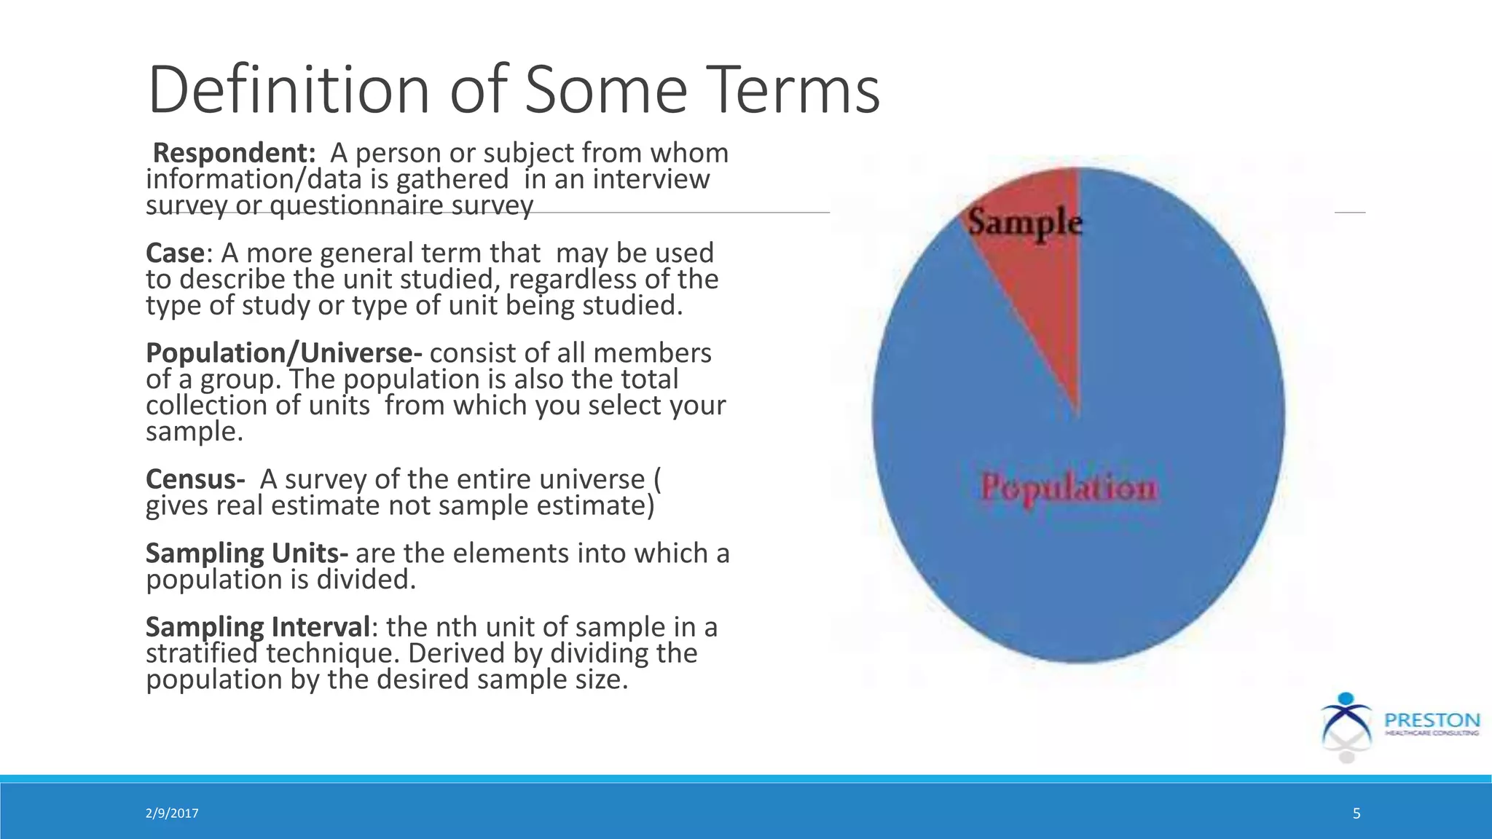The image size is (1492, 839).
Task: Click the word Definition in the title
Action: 288,90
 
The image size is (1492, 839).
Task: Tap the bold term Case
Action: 175,253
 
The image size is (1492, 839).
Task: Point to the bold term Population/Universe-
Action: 283,353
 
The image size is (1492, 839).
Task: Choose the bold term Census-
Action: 195,479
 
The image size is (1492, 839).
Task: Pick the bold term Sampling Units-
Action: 246,554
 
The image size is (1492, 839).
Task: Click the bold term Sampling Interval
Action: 258,627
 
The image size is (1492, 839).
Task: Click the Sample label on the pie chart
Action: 1025,221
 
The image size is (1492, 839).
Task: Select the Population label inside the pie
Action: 1069,487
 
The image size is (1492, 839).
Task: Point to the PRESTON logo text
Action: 1432,720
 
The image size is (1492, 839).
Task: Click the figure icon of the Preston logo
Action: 1346,725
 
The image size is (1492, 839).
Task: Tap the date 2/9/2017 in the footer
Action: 172,814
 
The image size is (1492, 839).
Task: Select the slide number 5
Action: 1356,814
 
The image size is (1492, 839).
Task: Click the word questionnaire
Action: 357,205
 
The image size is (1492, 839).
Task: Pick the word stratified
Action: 202,653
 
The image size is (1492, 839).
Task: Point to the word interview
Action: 651,179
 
